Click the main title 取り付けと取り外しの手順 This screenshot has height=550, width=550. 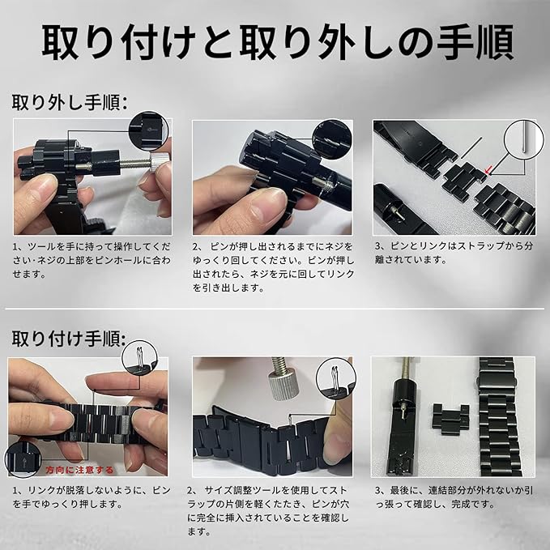[x=278, y=42]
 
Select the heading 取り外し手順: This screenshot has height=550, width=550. [x=70, y=102]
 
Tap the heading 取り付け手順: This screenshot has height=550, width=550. [x=69, y=339]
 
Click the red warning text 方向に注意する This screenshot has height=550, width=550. [x=79, y=470]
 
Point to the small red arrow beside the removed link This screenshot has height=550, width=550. [x=488, y=171]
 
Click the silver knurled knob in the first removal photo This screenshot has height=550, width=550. [x=157, y=162]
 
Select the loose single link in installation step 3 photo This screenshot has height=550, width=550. [x=450, y=420]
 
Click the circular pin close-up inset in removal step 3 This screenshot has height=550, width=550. [x=524, y=139]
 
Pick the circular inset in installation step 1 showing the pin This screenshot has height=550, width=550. [x=139, y=358]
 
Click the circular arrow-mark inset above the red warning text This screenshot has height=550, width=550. [x=23, y=459]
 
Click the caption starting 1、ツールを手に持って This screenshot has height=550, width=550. [x=92, y=260]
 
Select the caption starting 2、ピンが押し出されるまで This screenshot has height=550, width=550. [x=273, y=267]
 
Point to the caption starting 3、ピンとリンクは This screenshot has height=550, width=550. [x=454, y=253]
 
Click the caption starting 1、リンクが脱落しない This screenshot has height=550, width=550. [x=92, y=497]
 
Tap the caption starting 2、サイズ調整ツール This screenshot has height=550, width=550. [x=268, y=510]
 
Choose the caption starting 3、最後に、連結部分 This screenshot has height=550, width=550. [x=454, y=497]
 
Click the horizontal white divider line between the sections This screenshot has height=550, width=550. [x=275, y=309]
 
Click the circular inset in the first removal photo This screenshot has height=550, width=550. [x=149, y=131]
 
